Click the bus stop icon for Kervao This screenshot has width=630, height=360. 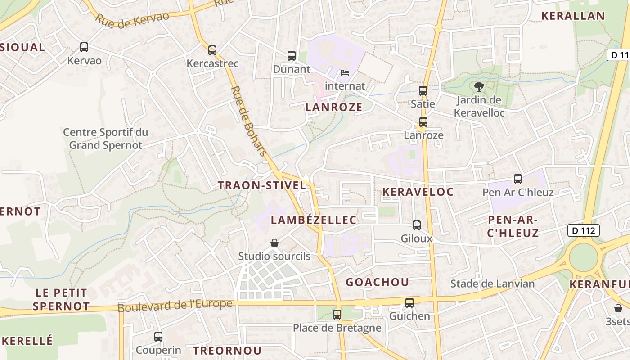[x=84, y=47]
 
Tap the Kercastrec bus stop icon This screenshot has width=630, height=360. [x=212, y=50]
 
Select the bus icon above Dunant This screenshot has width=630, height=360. [x=292, y=56]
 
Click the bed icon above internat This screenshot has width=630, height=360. [x=345, y=72]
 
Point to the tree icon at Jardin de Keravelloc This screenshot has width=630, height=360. [x=478, y=87]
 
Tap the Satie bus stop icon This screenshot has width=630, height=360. [x=423, y=91]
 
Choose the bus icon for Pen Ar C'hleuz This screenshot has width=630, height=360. [x=518, y=179]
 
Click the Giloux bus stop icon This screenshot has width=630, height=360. [x=417, y=225]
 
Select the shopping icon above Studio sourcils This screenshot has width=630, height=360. [x=274, y=243]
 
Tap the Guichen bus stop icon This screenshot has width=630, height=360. [x=409, y=303]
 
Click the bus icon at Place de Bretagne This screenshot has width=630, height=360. [x=337, y=315]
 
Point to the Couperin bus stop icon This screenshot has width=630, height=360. [x=158, y=337]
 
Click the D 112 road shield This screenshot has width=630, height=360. [x=584, y=230]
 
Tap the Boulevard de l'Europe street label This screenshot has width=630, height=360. [x=175, y=306]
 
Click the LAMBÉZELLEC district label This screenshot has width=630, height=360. [x=314, y=220]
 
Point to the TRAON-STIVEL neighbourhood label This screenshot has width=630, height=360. [x=262, y=185]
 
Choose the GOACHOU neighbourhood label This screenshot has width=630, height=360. [x=378, y=282]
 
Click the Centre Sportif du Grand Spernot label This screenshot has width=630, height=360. [x=106, y=139]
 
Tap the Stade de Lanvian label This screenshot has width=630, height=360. [x=493, y=284]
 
